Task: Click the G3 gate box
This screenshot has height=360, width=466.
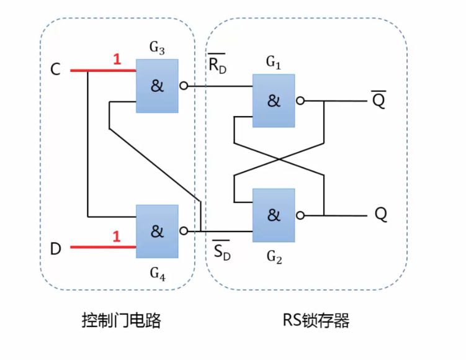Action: (x=157, y=86)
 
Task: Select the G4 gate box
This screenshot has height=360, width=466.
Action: (x=157, y=230)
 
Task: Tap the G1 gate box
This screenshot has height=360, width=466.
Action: (x=274, y=101)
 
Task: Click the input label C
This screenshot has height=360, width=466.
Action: (x=55, y=70)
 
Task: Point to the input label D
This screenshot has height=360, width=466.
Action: (x=56, y=249)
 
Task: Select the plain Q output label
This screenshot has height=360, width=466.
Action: (x=380, y=214)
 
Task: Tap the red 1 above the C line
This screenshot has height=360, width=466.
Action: (x=115, y=60)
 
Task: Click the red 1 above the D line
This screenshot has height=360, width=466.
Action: (x=115, y=236)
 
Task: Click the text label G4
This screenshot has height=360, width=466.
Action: (x=157, y=271)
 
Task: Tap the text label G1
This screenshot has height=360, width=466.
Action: (x=274, y=61)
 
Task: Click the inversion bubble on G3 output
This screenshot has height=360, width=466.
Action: (x=183, y=86)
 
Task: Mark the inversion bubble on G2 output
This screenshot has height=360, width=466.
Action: (x=300, y=215)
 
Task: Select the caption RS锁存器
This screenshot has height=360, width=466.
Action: (x=316, y=320)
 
